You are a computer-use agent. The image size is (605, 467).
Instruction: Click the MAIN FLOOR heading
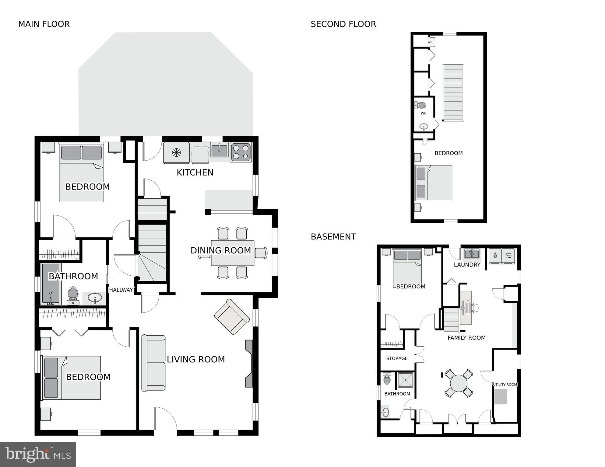click(x=44, y=24)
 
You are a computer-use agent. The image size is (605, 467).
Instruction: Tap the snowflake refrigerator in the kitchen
click(x=176, y=153)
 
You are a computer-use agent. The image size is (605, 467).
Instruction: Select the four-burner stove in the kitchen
click(x=241, y=152)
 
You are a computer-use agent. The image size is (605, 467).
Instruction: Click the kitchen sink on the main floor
click(x=219, y=150)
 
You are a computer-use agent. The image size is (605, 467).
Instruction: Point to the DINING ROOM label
click(x=221, y=250)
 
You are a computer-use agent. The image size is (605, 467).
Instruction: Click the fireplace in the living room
click(x=249, y=364)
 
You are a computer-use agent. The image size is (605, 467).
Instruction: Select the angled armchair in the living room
click(x=232, y=317)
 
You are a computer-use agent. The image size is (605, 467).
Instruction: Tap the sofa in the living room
click(x=154, y=363)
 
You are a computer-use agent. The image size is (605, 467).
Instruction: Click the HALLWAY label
click(x=121, y=290)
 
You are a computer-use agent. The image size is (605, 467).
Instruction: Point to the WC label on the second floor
click(x=424, y=113)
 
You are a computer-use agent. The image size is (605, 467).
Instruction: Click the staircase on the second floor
click(x=453, y=93)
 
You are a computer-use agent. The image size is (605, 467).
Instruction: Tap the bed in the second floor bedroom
click(x=434, y=183)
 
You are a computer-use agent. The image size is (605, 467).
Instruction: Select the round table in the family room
click(x=459, y=383)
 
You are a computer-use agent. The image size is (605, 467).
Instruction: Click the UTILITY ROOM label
click(x=505, y=385)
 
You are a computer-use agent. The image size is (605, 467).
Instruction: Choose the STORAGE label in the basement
click(x=397, y=358)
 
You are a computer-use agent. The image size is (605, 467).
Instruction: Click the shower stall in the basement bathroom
click(x=406, y=380)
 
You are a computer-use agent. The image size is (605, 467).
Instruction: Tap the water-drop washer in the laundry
click(x=495, y=256)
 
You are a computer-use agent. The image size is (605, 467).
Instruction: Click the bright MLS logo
click(x=38, y=454)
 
